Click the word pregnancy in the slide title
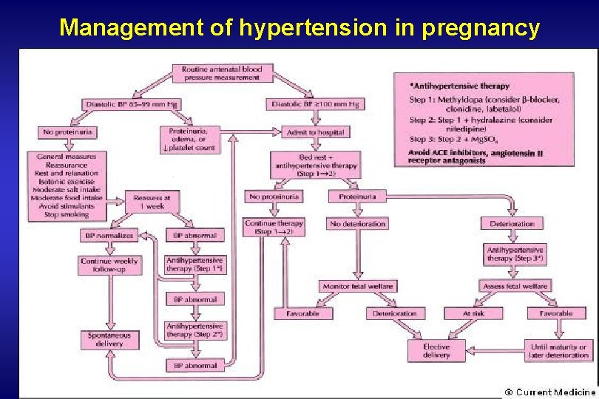(x=483, y=28)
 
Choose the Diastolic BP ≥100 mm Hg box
(x=315, y=104)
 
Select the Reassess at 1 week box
(x=152, y=202)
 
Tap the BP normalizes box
(x=110, y=236)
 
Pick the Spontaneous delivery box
(x=110, y=340)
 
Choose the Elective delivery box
(x=436, y=350)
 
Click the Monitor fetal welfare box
(x=358, y=286)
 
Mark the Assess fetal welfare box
(x=515, y=286)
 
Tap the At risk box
(x=473, y=313)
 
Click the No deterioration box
(x=358, y=223)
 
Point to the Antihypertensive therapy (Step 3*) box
(x=515, y=255)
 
